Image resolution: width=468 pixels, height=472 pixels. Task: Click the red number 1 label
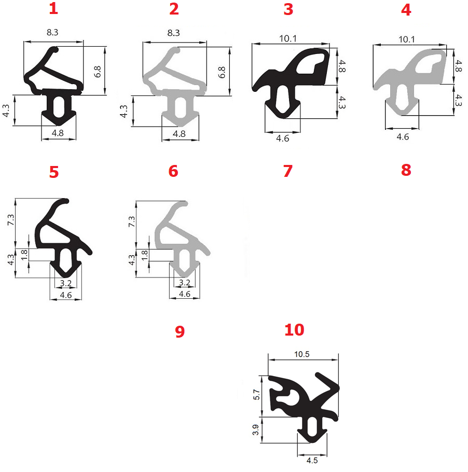(53, 8)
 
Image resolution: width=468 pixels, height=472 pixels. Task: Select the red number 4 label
(406, 10)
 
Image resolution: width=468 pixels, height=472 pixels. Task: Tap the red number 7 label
(288, 171)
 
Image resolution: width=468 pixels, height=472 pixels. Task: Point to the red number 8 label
(406, 170)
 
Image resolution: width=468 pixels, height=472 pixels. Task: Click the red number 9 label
(180, 331)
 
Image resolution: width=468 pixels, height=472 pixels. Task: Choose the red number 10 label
(294, 330)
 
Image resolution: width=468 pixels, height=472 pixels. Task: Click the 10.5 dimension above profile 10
(302, 354)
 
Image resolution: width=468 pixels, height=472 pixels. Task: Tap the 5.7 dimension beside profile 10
(256, 394)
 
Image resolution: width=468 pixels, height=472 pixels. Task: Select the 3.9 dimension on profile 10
(256, 429)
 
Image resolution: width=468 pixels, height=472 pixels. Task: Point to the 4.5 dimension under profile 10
(312, 460)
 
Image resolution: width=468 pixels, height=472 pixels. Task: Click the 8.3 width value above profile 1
(52, 32)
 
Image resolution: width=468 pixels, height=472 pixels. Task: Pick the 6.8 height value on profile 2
(222, 72)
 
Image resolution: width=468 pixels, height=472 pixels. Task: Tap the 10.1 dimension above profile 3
(288, 38)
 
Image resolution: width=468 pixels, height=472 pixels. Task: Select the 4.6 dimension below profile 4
(403, 137)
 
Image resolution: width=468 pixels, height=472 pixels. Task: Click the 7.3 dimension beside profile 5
(10, 220)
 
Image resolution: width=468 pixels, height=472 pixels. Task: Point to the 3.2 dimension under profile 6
(185, 283)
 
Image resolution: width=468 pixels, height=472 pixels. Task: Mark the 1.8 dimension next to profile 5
(24, 255)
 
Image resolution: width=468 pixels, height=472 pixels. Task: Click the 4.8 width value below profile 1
(58, 133)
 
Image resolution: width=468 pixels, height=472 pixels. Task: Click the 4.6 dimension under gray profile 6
(185, 294)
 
